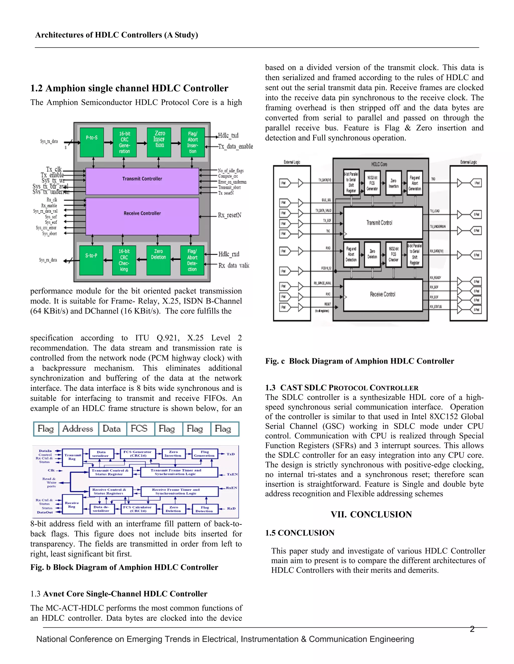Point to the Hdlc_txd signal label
click(228, 136)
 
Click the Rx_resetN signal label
click(230, 215)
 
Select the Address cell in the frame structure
click(78, 429)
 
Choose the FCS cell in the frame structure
click(139, 429)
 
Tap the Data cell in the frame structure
click(112, 429)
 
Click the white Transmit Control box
click(383, 223)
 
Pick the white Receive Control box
click(383, 295)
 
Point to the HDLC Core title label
click(379, 164)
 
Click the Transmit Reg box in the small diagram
click(72, 457)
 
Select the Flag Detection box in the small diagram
click(205, 509)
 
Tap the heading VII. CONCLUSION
click(371, 515)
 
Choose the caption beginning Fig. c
click(360, 361)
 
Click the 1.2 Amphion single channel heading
click(129, 88)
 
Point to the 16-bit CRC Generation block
click(124, 142)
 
